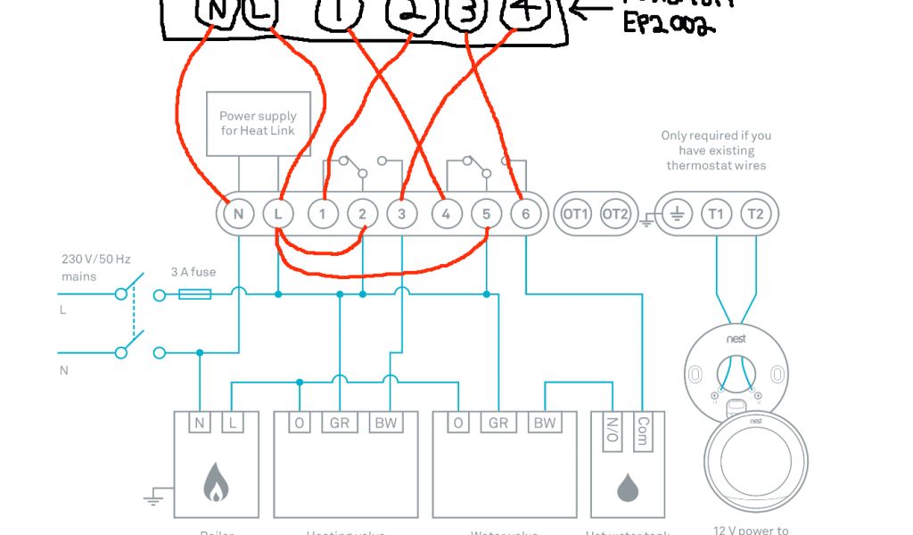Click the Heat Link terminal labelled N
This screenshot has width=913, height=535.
(x=237, y=214)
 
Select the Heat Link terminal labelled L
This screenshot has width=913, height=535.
(x=278, y=214)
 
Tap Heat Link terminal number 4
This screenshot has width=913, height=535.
(x=446, y=214)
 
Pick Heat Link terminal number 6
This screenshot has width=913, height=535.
(x=526, y=214)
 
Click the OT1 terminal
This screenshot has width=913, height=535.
(x=575, y=214)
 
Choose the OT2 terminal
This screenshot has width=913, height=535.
(x=615, y=214)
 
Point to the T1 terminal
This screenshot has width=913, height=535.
(x=715, y=214)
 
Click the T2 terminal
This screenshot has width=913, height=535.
(x=756, y=214)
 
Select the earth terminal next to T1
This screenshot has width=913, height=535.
(x=676, y=214)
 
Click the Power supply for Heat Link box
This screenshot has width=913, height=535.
(x=259, y=123)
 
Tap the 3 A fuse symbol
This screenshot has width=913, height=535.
(x=194, y=293)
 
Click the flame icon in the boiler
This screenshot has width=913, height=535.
(x=216, y=482)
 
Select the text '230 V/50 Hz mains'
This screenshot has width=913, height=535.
(x=95, y=267)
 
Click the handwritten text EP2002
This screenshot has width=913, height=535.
(x=669, y=28)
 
